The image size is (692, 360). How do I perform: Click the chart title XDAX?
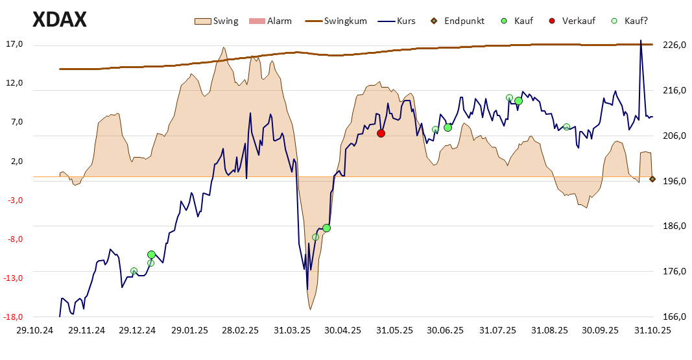[x=59, y=20]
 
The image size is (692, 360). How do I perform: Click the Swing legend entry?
[x=217, y=21]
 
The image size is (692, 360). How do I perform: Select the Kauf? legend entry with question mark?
[x=629, y=21]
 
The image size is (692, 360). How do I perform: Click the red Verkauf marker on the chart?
[x=381, y=133]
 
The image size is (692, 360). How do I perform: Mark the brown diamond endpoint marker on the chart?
[x=652, y=179]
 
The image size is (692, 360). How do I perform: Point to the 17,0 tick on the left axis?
[x=14, y=45]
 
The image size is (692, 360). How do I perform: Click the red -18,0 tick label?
[x=14, y=317]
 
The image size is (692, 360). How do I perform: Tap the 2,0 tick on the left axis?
[x=16, y=162]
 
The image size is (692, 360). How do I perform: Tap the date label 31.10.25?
[x=652, y=330]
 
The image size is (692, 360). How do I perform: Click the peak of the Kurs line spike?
[x=641, y=40]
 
